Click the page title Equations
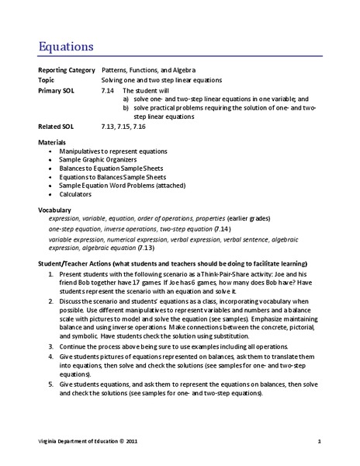pyautogui.click(x=67, y=46)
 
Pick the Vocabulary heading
pyautogui.click(x=54, y=210)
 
